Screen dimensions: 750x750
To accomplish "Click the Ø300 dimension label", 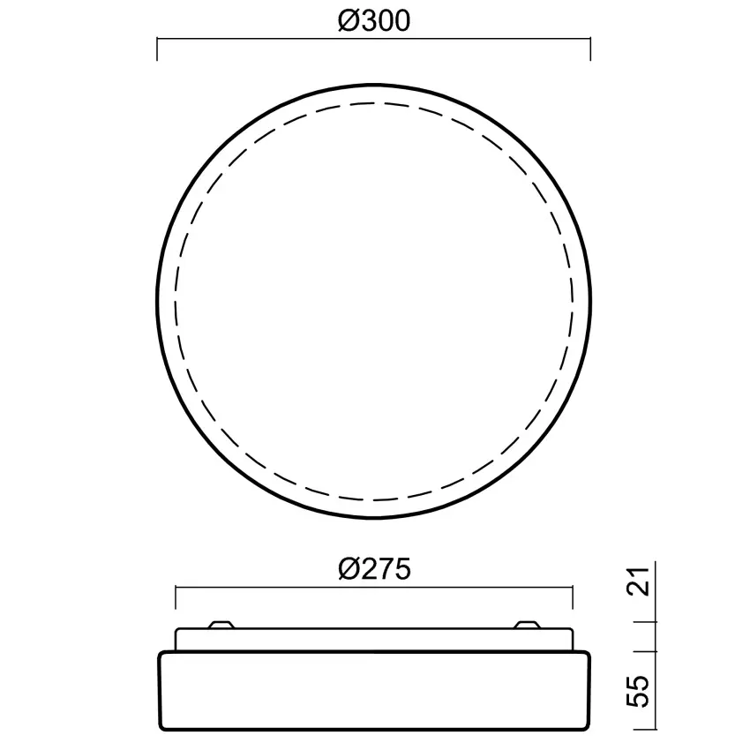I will (374, 21).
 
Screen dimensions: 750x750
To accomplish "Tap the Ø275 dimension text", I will (374, 570).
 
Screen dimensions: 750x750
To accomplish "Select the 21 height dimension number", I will (643, 582).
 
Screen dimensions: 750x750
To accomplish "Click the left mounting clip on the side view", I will (221, 625).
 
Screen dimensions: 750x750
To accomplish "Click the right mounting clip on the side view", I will (528, 625).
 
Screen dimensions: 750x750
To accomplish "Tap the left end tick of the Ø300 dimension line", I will (157, 49).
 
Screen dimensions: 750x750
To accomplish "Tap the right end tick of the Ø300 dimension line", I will (590, 49).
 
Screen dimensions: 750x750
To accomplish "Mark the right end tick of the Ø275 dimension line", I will (573, 597).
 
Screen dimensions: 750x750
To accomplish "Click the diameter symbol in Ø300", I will (348, 21).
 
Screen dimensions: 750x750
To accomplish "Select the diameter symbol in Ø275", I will (348, 570).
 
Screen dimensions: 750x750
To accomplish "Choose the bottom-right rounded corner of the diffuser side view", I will (586, 725).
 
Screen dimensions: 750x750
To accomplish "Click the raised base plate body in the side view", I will (374, 640).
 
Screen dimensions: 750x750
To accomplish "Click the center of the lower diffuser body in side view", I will (374, 691).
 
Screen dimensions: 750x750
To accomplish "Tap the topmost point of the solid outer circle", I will (374, 84).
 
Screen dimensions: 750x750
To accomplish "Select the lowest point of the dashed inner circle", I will (374, 500).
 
